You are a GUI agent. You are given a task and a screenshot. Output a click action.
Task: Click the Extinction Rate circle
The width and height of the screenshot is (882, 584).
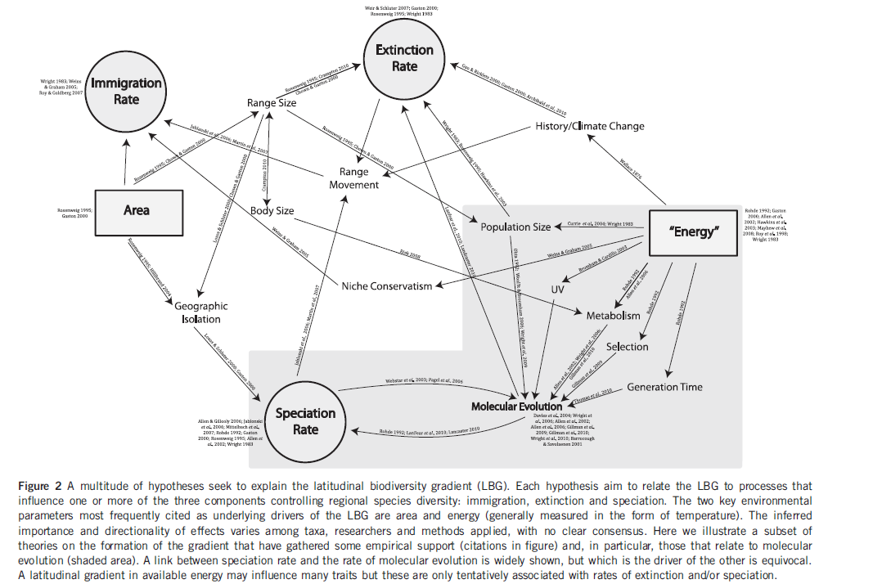404,58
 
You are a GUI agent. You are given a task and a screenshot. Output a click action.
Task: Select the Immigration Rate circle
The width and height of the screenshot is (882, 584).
126,91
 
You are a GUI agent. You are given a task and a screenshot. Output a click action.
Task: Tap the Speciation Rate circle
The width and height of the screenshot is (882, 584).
305,420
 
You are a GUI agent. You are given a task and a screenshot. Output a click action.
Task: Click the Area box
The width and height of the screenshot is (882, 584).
137,210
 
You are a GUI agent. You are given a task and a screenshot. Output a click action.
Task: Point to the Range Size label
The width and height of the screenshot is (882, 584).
272,103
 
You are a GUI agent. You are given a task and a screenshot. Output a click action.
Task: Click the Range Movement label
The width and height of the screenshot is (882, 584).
354,178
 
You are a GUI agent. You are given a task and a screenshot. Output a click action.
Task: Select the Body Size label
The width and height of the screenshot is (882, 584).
272,211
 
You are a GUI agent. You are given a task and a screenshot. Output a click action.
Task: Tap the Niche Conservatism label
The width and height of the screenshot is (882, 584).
387,285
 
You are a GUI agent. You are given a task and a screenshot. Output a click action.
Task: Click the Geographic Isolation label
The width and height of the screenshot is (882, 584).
201,312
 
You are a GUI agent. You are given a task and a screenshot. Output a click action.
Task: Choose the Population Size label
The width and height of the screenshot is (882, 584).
515,227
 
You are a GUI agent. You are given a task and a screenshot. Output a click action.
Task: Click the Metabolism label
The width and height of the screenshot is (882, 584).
613,315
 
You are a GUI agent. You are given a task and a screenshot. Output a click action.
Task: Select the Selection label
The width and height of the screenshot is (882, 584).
627,347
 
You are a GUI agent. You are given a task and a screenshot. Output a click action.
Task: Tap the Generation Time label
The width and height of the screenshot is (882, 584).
664,387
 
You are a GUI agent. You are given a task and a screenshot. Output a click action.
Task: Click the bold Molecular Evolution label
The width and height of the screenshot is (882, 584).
516,407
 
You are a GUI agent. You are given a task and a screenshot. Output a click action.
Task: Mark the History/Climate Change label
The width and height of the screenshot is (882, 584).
590,126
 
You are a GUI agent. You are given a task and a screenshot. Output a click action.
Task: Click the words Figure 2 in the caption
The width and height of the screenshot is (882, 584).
40,485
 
